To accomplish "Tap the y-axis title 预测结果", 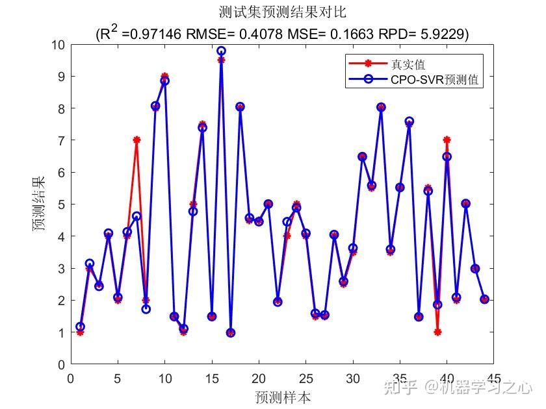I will (40, 204).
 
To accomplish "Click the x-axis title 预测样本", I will (283, 397).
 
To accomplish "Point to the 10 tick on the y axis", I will (58, 45).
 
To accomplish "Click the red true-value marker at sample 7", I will (136, 140).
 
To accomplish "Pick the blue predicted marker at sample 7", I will (136, 216).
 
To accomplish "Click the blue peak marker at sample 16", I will (221, 51).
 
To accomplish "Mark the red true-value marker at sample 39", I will (437, 332).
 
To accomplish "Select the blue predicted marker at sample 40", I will (447, 156).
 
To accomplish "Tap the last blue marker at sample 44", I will (484, 299).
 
